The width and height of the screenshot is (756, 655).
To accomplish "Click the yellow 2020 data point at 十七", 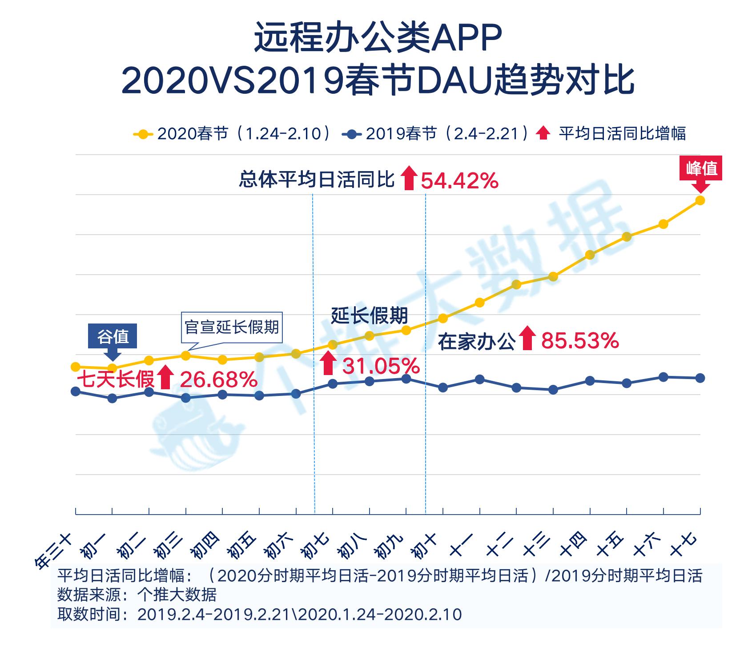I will [x=700, y=200].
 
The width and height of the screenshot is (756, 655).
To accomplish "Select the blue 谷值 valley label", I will [x=113, y=336].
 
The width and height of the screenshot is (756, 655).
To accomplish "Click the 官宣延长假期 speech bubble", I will [x=232, y=327].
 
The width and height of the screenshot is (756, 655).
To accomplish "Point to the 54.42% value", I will [x=459, y=181].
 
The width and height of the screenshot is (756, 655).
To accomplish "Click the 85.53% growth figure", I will [x=580, y=341].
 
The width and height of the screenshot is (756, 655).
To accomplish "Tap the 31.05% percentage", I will [x=381, y=366].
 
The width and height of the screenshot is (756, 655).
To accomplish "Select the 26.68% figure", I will [x=218, y=380].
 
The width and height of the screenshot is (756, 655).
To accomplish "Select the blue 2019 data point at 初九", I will [x=406, y=379].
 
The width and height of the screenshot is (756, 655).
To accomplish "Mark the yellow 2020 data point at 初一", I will [x=113, y=368].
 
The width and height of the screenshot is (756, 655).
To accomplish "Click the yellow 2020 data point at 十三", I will [x=553, y=277].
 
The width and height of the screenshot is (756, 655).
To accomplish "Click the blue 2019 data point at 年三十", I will [x=76, y=391].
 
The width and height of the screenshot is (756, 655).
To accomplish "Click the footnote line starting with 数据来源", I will [x=137, y=595].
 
